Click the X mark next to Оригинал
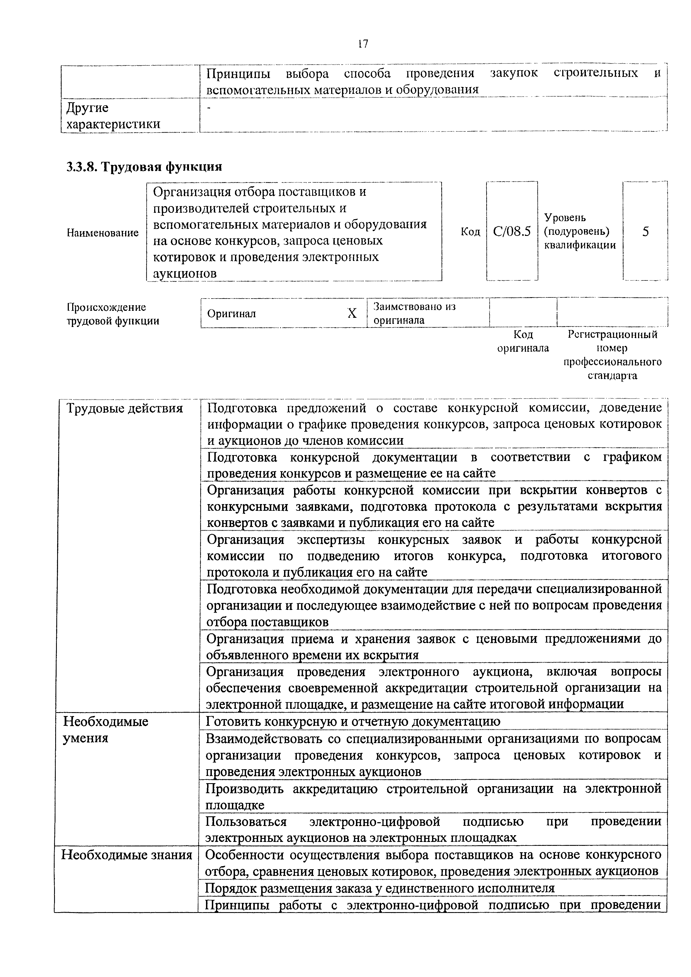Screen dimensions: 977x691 352,314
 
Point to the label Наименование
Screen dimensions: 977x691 103,233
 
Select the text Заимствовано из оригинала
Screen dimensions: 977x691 414,313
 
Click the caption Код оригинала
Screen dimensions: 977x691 523,341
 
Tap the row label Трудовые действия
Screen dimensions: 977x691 125,409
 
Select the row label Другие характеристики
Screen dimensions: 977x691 113,116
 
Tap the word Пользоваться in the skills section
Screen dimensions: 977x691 246,822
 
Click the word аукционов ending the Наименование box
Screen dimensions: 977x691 185,273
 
